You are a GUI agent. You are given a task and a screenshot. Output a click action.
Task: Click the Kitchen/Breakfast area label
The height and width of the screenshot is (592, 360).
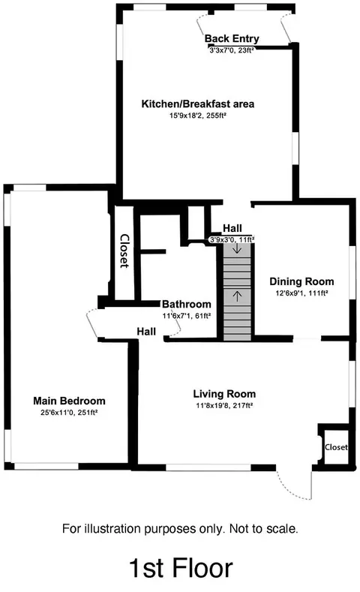pos(197,104)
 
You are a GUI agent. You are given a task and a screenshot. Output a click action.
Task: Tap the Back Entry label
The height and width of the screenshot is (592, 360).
pos(232,38)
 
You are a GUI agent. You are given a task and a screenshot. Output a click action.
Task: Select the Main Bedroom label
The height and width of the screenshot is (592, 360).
pos(69,401)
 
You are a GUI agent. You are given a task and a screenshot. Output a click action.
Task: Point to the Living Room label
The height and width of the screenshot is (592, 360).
pos(224,394)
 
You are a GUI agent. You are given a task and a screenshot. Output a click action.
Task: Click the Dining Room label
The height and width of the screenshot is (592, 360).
pos(301,281)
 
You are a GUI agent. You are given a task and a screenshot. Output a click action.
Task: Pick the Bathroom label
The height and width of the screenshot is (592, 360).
pos(187,304)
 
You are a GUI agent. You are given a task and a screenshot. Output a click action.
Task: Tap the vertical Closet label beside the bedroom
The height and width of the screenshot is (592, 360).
pos(124,251)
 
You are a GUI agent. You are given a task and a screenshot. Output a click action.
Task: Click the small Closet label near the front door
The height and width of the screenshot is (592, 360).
pos(336,447)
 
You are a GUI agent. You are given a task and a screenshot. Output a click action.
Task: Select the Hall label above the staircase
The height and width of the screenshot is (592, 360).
pos(232,228)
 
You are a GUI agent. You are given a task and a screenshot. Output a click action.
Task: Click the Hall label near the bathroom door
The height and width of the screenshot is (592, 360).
pos(146,332)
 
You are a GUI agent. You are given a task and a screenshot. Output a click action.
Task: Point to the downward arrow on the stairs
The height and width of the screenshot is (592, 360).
pos(237,248)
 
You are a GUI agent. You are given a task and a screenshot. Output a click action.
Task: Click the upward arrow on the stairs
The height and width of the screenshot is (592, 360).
pos(237,296)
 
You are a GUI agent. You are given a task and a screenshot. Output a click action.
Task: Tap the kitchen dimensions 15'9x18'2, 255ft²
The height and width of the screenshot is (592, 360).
pos(197,116)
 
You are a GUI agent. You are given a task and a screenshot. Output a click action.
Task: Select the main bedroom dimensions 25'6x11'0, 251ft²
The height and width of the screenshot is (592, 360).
pos(69,413)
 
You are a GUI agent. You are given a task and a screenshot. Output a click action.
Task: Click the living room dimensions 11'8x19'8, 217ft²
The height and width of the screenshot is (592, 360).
pos(224,406)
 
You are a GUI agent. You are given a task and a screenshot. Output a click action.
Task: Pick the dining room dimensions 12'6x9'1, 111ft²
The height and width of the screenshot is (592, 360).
pos(301,293)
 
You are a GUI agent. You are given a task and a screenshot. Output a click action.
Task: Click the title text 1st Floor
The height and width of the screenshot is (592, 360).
pos(181,568)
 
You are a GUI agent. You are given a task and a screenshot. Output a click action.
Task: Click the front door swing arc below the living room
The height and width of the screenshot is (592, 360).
pos(289,491)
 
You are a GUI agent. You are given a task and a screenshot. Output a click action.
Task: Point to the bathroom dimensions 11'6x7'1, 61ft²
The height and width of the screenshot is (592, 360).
pos(187,316)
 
